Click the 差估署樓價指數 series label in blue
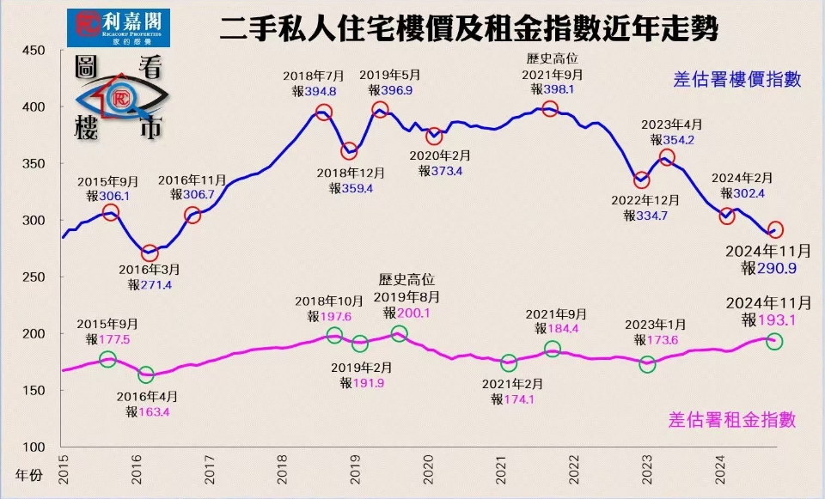737,80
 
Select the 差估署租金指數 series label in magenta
732,420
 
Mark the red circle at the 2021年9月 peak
550,109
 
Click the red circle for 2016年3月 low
150,253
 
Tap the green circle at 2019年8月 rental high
399,334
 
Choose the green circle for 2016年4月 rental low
146,374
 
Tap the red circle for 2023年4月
667,157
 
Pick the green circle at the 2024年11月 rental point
773,342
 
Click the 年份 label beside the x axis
28,474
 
